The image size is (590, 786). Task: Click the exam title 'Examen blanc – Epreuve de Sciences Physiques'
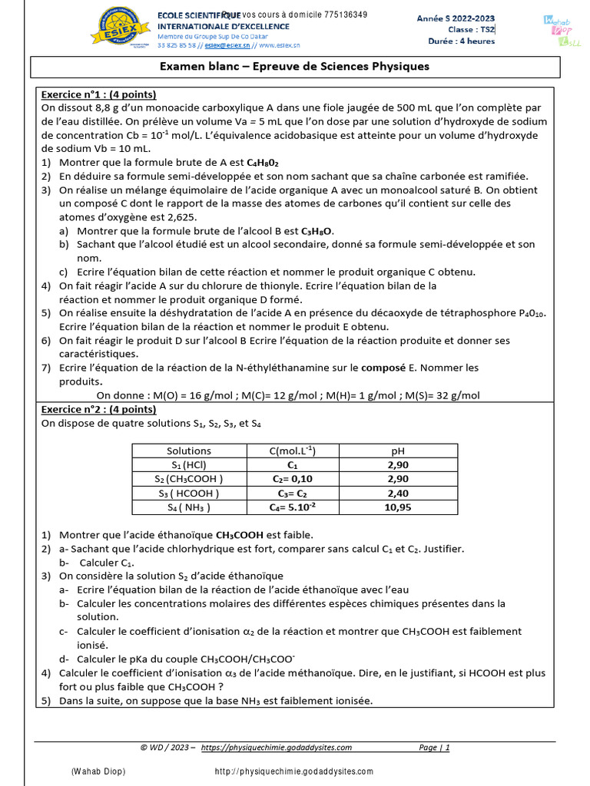coord(294,67)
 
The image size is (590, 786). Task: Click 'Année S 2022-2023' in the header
coord(456,18)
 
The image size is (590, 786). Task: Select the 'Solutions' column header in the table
coord(188,451)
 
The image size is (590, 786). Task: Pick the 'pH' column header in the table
coord(398,451)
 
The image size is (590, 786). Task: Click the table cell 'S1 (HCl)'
coord(188,465)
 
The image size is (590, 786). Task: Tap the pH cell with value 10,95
coord(398,507)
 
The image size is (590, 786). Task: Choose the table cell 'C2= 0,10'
coord(293,479)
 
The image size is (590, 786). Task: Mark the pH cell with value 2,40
coord(398,494)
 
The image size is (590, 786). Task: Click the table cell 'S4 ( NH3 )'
coord(188,507)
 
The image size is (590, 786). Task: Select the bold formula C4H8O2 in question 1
coord(262,163)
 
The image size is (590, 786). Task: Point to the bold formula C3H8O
coord(317,231)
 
